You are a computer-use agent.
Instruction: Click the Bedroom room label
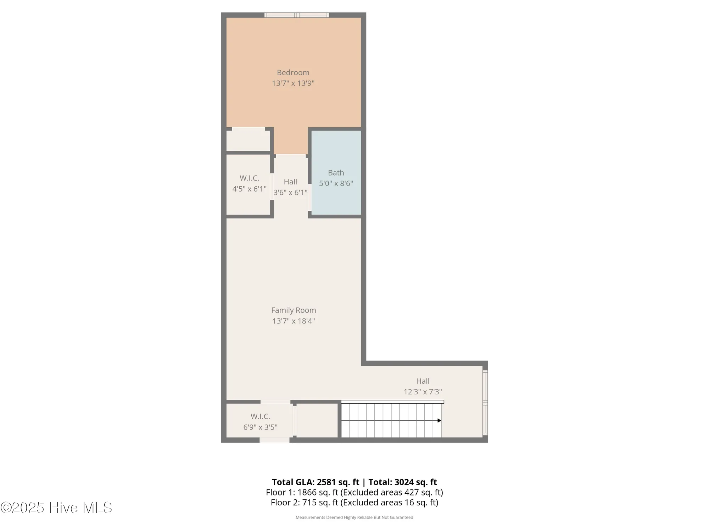(x=293, y=73)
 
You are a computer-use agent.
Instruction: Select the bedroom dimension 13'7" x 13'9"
(x=293, y=83)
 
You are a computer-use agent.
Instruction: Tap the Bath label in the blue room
(x=336, y=173)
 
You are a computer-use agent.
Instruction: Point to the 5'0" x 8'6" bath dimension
(x=336, y=183)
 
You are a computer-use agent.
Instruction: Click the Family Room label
(x=293, y=310)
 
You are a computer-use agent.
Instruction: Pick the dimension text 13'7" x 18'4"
(x=293, y=321)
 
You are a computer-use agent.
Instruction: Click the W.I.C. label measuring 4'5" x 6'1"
(x=249, y=178)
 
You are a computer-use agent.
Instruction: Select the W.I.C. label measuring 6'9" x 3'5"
(x=260, y=416)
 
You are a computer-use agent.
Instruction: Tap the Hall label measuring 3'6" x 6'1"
(x=290, y=182)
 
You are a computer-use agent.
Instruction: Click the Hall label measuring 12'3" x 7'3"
(x=423, y=381)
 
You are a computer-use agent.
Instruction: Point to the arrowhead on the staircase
(x=439, y=421)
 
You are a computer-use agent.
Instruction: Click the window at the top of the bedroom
(x=297, y=15)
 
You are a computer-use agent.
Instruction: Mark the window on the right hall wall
(x=485, y=403)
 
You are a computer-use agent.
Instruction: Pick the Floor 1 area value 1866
(x=307, y=493)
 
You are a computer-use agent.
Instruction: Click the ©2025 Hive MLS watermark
(x=56, y=508)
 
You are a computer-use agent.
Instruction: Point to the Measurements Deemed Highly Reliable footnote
(x=354, y=517)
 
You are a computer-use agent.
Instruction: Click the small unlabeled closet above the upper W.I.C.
(x=248, y=140)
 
